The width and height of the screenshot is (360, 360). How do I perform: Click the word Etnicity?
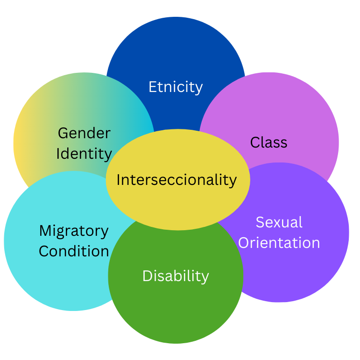point(176,87)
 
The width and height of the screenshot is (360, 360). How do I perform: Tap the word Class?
point(268,142)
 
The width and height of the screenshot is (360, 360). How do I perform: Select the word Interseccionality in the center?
point(176,179)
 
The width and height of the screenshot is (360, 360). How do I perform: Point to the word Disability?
point(176,275)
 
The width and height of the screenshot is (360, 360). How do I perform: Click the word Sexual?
point(279,222)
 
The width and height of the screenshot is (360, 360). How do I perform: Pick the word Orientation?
point(279,243)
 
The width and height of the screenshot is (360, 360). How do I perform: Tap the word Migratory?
point(74,231)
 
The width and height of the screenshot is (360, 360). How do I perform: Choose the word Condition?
point(74,251)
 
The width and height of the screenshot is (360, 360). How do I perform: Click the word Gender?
point(84,133)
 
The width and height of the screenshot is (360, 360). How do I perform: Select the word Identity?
point(84,154)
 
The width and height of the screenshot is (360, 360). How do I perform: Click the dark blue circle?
point(176,51)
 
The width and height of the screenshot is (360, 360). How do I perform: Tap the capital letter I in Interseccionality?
point(119,179)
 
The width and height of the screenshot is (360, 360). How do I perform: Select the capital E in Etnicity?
point(152,87)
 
